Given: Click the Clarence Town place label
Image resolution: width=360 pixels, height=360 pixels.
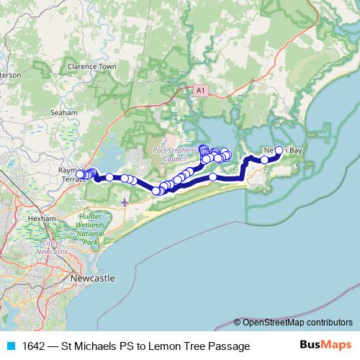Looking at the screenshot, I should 91,66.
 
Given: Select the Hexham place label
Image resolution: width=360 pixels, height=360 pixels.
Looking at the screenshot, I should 42,217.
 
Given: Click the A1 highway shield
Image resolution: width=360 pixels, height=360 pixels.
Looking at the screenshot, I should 201,91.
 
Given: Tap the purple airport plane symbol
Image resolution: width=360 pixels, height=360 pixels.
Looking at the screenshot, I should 126,202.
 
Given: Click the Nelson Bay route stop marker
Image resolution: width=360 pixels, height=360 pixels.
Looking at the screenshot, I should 279,150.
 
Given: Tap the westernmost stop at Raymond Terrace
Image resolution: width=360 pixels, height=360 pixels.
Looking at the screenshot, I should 79,174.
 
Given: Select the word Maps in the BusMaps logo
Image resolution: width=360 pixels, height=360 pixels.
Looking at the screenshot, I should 335,346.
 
